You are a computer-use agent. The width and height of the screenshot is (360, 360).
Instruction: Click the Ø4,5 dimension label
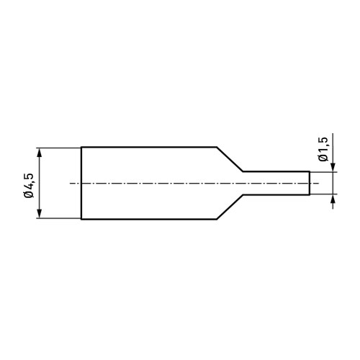tap(29, 185)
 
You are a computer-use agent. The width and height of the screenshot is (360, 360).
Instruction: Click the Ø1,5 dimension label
tap(323, 149)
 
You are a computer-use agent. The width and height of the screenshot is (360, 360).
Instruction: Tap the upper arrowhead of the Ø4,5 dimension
tap(40, 153)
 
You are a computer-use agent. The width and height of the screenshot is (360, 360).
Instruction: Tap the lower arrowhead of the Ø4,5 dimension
tap(40, 213)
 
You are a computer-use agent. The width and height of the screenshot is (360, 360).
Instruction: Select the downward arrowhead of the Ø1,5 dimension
tap(333, 167)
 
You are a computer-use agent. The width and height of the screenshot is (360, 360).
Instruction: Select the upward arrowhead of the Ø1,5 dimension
tap(333, 199)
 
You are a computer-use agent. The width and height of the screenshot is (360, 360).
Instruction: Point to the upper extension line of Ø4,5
tap(58, 148)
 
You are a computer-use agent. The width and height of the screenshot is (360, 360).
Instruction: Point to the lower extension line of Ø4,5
tap(58, 218)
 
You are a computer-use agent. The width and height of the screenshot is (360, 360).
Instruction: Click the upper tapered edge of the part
tap(230, 159)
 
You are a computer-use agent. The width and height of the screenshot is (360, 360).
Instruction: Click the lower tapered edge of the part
tap(230, 207)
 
